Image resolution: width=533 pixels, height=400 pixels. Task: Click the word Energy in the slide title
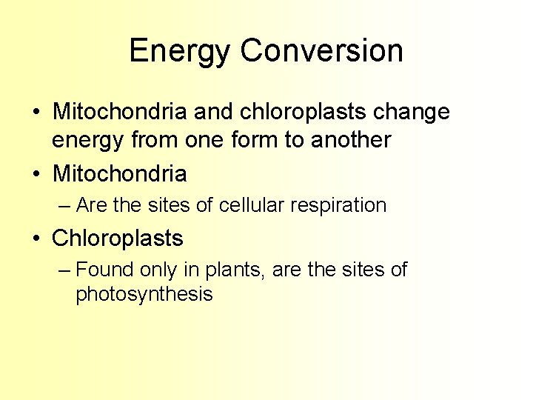click(x=180, y=51)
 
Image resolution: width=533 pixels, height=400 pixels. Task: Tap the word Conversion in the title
click(x=322, y=51)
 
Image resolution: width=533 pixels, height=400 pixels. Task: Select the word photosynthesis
click(x=144, y=294)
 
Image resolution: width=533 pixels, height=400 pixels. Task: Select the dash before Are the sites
click(x=64, y=205)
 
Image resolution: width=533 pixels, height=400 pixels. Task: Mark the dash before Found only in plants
click(x=64, y=270)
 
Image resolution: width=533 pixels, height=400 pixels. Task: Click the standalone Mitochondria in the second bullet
click(x=119, y=174)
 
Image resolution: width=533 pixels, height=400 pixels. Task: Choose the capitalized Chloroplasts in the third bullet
click(x=118, y=239)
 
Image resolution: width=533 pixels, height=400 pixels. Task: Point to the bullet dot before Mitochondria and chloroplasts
click(x=36, y=113)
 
